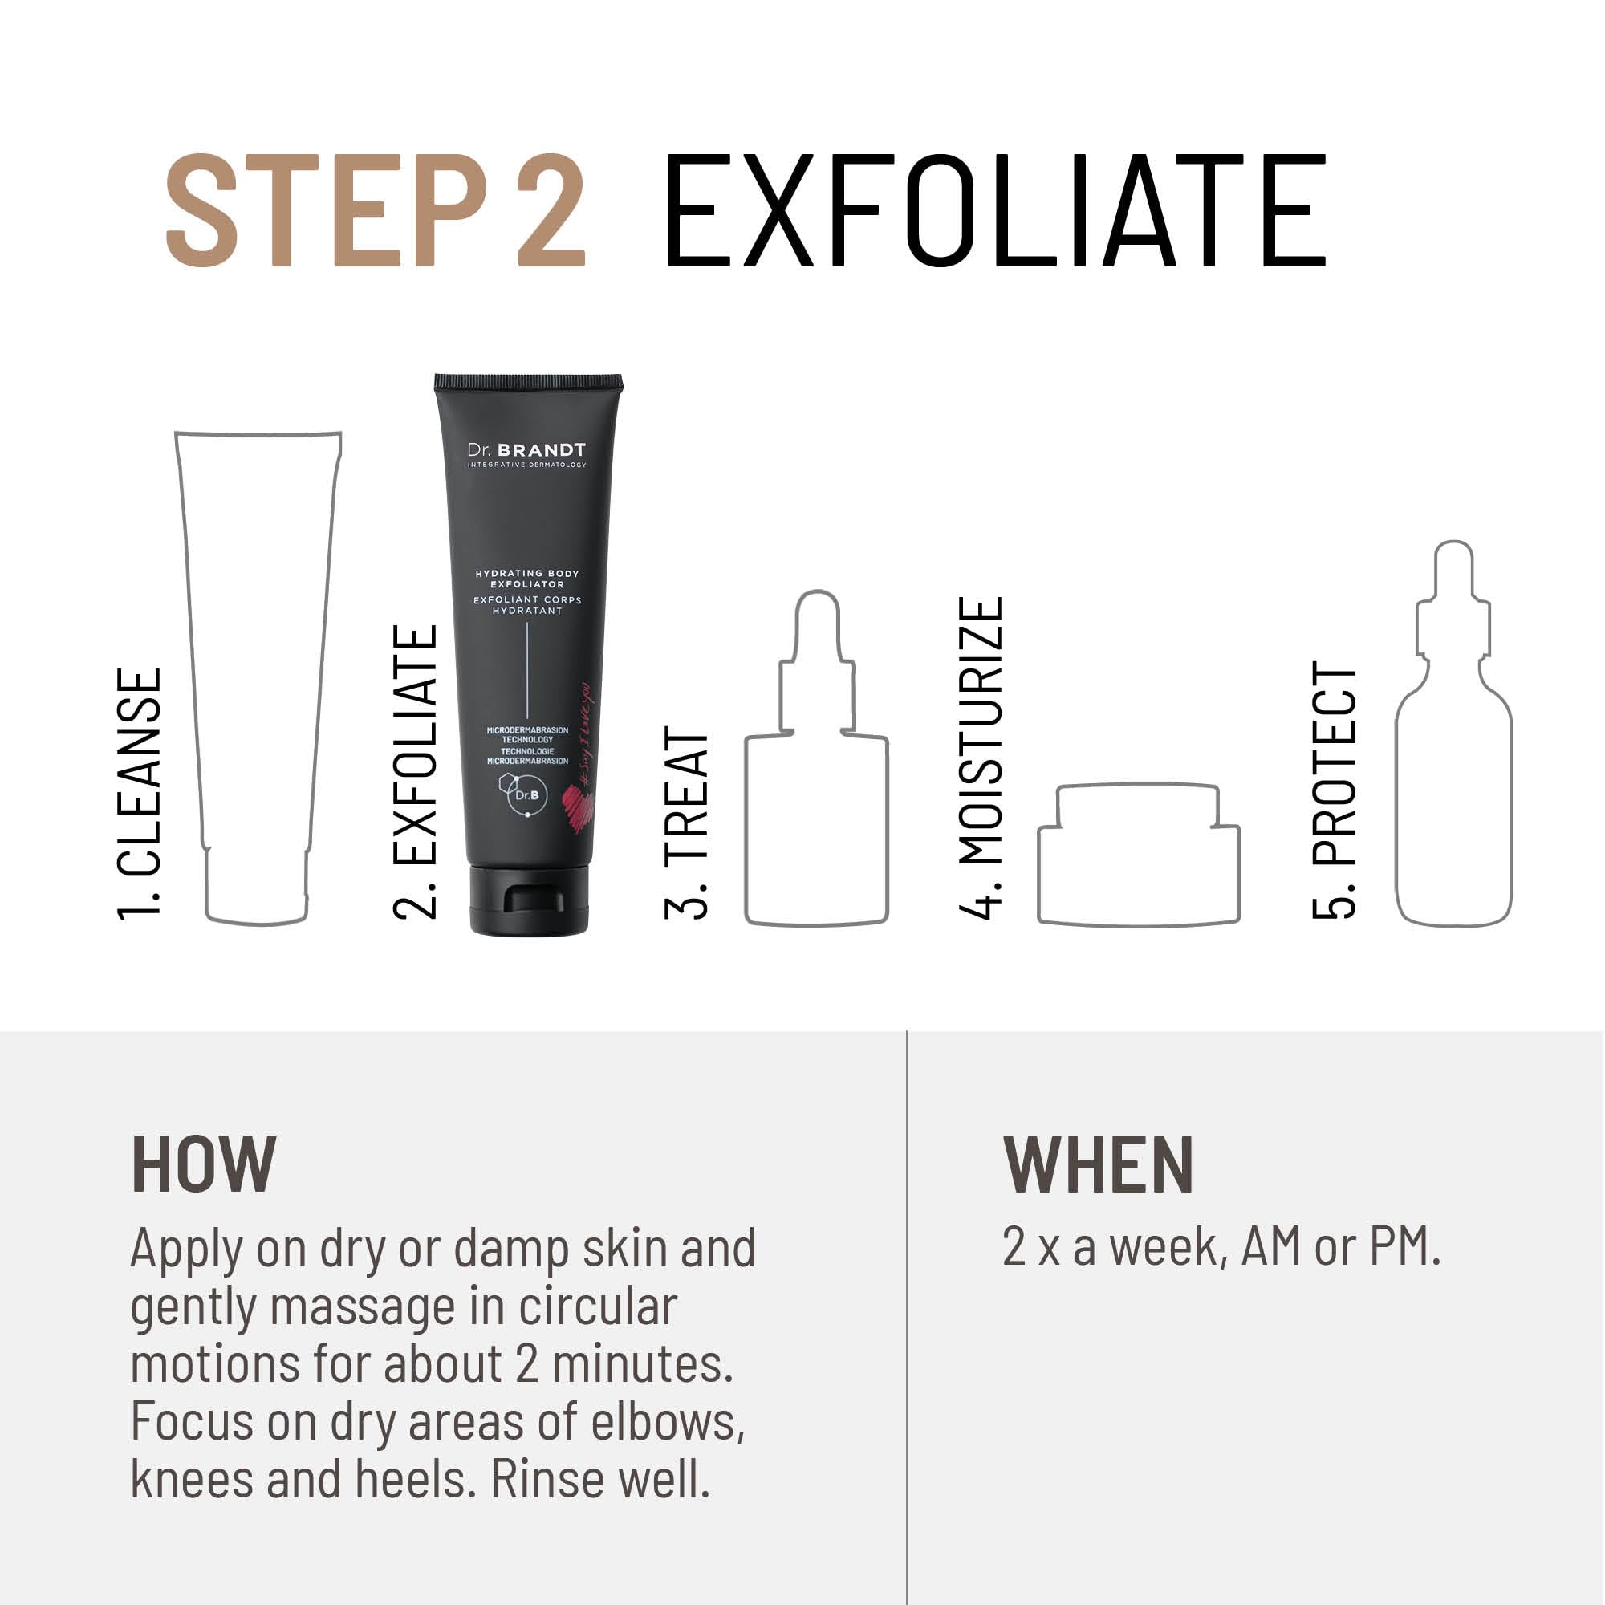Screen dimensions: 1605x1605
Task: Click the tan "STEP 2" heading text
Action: (x=376, y=212)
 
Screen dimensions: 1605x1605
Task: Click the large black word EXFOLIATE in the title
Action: (x=994, y=212)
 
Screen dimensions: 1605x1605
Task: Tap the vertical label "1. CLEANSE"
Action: (x=139, y=794)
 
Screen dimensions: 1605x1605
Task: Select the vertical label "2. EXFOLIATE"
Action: (x=415, y=772)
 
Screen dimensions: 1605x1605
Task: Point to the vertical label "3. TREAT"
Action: (x=686, y=823)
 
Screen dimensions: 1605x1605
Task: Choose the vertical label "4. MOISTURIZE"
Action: (x=981, y=758)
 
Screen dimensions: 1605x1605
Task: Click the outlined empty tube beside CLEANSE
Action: (x=257, y=664)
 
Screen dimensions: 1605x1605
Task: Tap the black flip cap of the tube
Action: (x=529, y=900)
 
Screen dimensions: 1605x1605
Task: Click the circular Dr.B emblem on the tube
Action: (x=526, y=795)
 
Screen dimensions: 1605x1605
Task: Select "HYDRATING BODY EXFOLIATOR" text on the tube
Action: (x=526, y=578)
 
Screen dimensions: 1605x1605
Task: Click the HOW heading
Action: (x=204, y=1164)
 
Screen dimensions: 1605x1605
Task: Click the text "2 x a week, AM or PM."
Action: (x=1221, y=1246)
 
